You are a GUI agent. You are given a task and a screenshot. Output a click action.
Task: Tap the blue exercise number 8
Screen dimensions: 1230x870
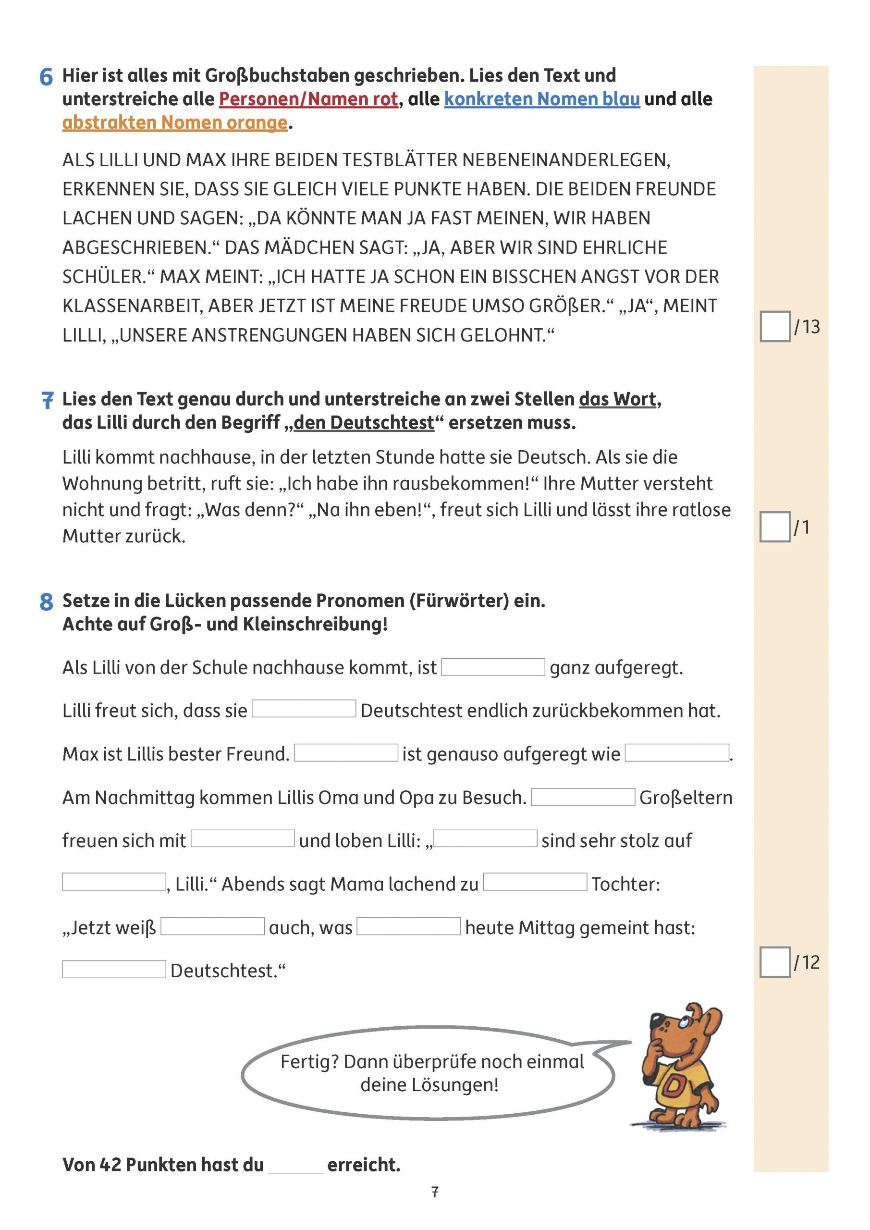pyautogui.click(x=47, y=602)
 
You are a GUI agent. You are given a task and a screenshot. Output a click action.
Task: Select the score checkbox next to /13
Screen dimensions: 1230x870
pyautogui.click(x=775, y=326)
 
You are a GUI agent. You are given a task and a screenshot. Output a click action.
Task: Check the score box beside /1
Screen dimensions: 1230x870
pyautogui.click(x=775, y=527)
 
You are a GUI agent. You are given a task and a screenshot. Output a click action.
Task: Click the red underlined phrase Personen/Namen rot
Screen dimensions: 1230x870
pyautogui.click(x=308, y=99)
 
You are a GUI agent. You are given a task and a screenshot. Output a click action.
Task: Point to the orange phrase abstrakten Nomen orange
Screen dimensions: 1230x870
pyautogui.click(x=175, y=123)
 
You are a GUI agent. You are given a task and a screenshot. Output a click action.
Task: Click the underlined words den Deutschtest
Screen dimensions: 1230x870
pyautogui.click(x=364, y=423)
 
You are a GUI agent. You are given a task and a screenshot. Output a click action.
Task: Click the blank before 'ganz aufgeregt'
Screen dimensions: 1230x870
pyautogui.click(x=493, y=667)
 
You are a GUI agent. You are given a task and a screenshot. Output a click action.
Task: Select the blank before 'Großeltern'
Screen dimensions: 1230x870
pyautogui.click(x=583, y=797)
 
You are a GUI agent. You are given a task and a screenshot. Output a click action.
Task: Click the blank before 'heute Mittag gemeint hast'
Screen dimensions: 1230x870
pyautogui.click(x=408, y=926)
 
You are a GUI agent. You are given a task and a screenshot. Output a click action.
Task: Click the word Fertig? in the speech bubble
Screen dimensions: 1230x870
pyautogui.click(x=310, y=1062)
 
